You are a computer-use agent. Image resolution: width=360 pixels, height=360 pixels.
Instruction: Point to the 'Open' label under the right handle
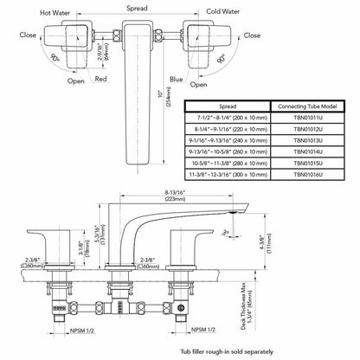point(197,86)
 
